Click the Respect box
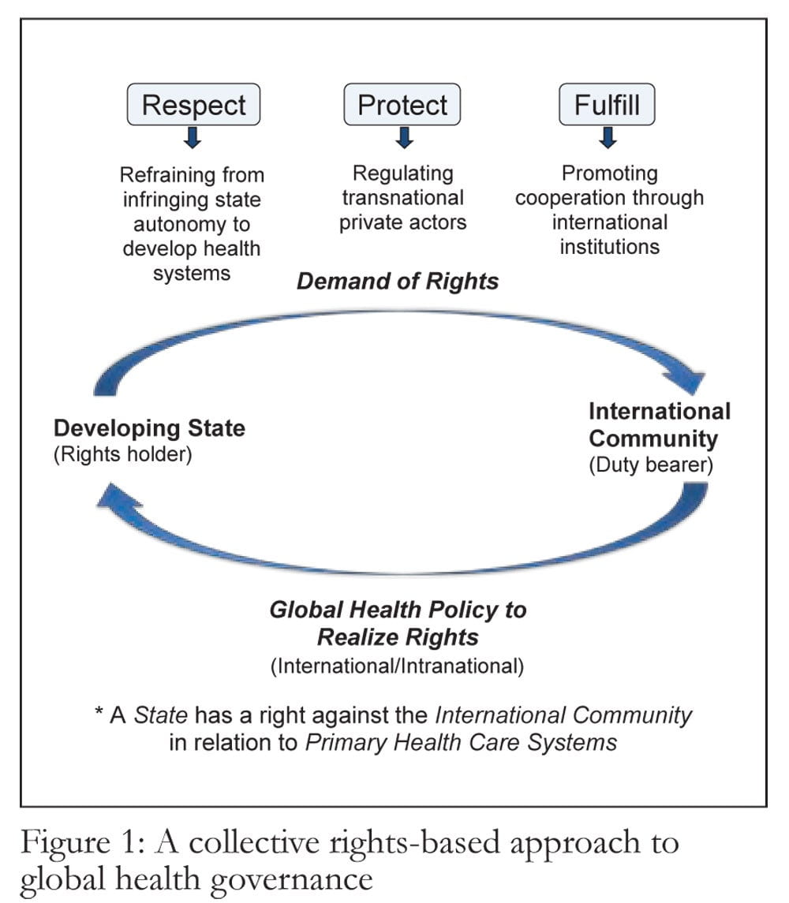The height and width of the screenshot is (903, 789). tap(193, 104)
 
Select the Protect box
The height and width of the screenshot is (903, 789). tap(402, 104)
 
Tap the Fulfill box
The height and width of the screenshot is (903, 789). tap(607, 104)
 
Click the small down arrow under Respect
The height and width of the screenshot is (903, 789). tap(193, 138)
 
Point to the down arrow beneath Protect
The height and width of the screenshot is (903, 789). tap(405, 138)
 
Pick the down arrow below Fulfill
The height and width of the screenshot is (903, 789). tap(608, 138)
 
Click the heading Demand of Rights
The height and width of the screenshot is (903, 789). tap(398, 281)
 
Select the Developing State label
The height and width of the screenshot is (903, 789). tap(149, 428)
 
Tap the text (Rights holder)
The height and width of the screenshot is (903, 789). tap(123, 454)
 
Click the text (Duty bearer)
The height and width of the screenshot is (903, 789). tap(651, 465)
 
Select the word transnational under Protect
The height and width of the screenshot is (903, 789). tap(403, 197)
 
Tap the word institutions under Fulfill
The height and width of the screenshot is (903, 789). tap(610, 247)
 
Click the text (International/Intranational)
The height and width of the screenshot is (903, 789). tap(397, 666)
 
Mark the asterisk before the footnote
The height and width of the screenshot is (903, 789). tap(99, 712)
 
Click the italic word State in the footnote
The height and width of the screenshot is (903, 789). tap(161, 715)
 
